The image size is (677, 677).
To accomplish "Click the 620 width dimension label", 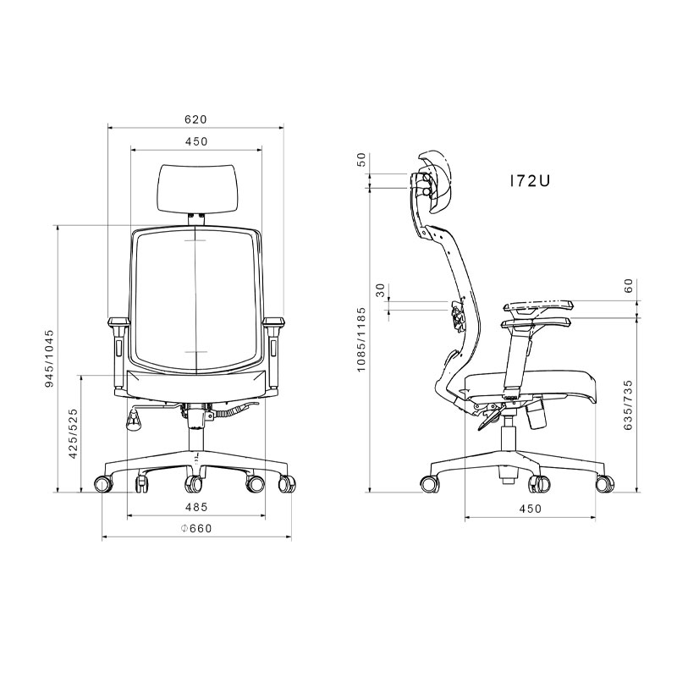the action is [196, 119].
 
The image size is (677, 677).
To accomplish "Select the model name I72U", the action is [530, 181].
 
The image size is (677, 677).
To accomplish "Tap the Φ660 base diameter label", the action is [196, 528].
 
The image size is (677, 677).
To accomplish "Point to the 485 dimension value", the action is [196, 507].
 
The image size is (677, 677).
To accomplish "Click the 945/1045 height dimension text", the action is [50, 358].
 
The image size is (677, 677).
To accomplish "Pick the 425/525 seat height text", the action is [74, 433].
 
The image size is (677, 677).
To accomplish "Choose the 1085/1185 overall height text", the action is [361, 339].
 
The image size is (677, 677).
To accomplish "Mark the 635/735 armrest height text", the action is [628, 405].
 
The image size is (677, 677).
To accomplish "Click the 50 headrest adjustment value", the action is [361, 160].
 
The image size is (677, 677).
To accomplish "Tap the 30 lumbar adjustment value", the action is [380, 290].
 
